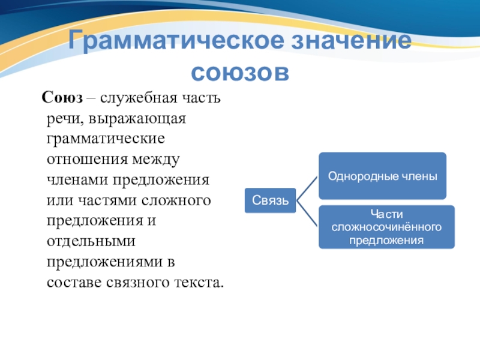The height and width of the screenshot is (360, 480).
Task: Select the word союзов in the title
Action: click(240, 72)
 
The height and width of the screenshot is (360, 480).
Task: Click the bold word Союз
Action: click(61, 97)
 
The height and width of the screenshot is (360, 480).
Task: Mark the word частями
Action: click(105, 200)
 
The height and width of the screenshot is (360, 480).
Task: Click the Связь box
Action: click(271, 199)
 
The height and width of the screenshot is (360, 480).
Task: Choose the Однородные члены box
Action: click(382, 176)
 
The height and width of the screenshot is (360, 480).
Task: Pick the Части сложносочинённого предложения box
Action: click(386, 227)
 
